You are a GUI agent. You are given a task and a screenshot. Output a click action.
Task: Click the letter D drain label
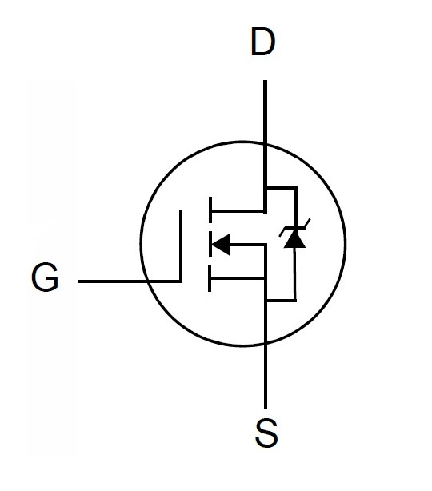[263, 42]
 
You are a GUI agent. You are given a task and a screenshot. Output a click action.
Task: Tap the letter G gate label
[45, 277]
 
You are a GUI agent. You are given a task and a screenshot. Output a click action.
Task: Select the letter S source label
[266, 433]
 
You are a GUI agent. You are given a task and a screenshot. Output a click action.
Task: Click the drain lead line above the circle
[265, 111]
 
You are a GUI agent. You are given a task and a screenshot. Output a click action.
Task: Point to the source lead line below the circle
[266, 377]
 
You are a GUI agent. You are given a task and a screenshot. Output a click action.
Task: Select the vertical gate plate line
[181, 245]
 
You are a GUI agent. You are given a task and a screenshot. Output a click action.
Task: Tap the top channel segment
[210, 210]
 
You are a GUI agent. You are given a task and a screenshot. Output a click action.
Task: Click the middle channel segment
[210, 244]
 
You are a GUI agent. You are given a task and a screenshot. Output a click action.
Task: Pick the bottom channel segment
[210, 279]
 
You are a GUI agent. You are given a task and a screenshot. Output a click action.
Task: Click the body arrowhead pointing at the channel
[221, 244]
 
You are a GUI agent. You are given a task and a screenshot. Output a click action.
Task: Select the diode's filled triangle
[294, 239]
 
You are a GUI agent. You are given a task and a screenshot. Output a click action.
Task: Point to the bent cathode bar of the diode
[294, 228]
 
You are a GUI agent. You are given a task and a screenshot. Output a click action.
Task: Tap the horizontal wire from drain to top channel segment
[238, 211]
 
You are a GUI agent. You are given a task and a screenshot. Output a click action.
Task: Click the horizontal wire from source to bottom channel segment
[238, 278]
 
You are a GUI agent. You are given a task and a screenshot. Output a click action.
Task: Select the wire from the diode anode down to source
[294, 274]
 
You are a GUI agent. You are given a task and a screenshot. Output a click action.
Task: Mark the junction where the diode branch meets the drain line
[266, 188]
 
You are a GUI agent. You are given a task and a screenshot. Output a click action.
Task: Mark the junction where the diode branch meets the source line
[266, 301]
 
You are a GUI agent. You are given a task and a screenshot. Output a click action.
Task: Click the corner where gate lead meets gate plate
[181, 281]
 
